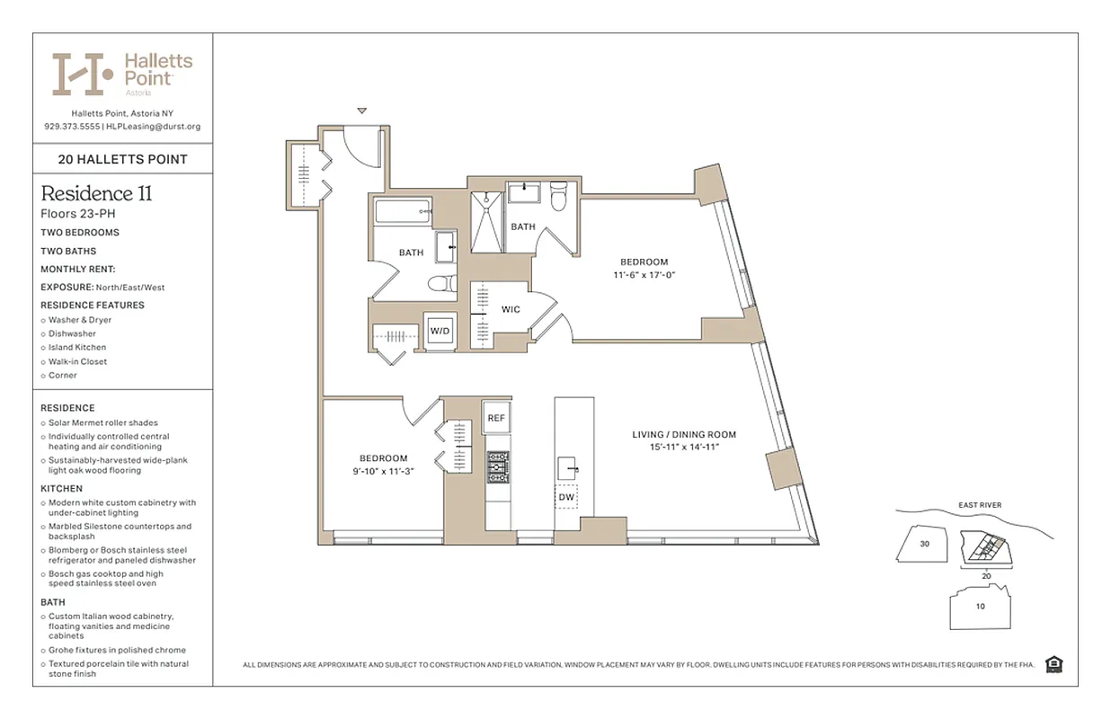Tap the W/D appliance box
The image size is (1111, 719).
tap(440, 331)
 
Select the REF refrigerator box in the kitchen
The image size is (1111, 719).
tap(496, 417)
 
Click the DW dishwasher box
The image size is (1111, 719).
tap(566, 497)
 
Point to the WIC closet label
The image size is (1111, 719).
tap(511, 309)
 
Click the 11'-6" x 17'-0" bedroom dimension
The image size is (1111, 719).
tap(644, 275)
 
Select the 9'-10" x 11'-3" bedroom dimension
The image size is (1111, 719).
tap(384, 471)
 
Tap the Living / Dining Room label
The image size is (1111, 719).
tap(683, 435)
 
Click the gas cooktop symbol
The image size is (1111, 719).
tap(497, 467)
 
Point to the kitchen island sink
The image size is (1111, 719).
tap(567, 466)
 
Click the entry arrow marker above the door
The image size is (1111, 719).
tap(362, 111)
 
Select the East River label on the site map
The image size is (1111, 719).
tap(979, 505)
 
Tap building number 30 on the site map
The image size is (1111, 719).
tap(925, 544)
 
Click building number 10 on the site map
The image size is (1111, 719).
tap(980, 606)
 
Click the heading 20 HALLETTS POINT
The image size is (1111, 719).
tap(123, 159)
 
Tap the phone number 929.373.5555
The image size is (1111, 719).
tap(72, 127)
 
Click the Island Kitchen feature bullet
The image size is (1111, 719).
tap(77, 347)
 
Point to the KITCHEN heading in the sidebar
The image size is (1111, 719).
tap(60, 488)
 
